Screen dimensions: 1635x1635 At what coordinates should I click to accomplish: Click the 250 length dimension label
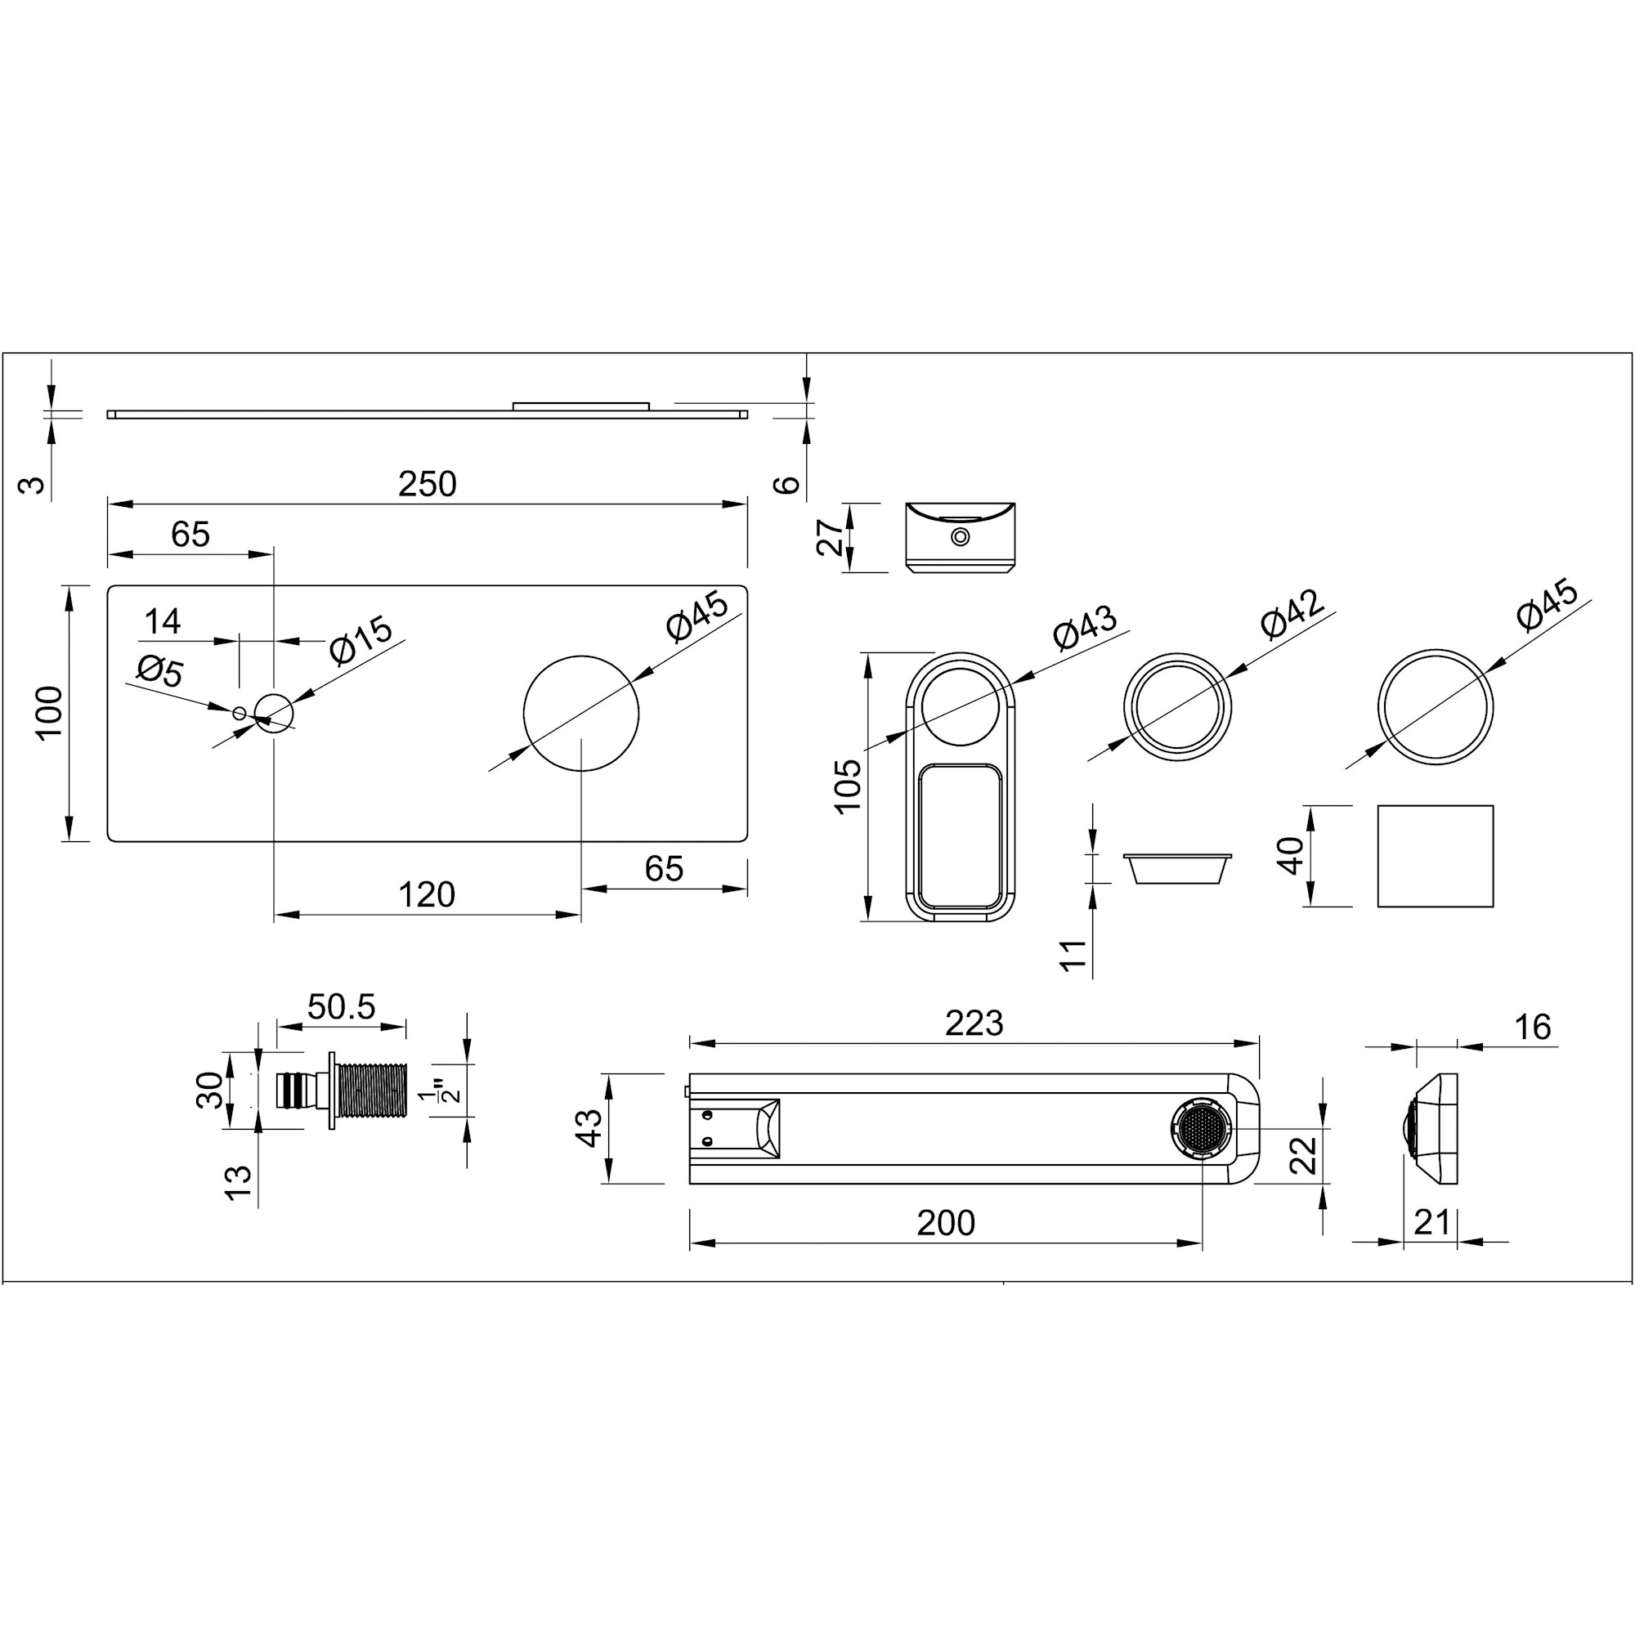(428, 484)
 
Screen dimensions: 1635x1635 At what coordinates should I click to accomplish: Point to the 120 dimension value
(427, 894)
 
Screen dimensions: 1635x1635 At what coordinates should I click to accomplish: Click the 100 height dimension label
(49, 713)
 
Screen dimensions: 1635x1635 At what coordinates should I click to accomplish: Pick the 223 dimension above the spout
(974, 1024)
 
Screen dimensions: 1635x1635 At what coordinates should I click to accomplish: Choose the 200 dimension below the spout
(945, 1223)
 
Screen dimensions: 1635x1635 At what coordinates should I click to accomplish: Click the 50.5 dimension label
(341, 1007)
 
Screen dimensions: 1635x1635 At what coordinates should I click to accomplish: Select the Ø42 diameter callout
(1292, 614)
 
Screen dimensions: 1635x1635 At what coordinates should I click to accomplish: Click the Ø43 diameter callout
(1085, 628)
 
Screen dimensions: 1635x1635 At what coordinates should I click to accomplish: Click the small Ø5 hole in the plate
(240, 714)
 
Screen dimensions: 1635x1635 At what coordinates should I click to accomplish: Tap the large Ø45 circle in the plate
(580, 714)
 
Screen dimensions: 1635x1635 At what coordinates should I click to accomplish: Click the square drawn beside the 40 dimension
(1436, 856)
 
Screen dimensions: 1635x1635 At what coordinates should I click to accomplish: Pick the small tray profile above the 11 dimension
(1177, 868)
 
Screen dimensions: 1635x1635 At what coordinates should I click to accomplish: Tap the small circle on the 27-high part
(960, 536)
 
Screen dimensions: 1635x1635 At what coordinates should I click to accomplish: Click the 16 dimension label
(1533, 1028)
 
